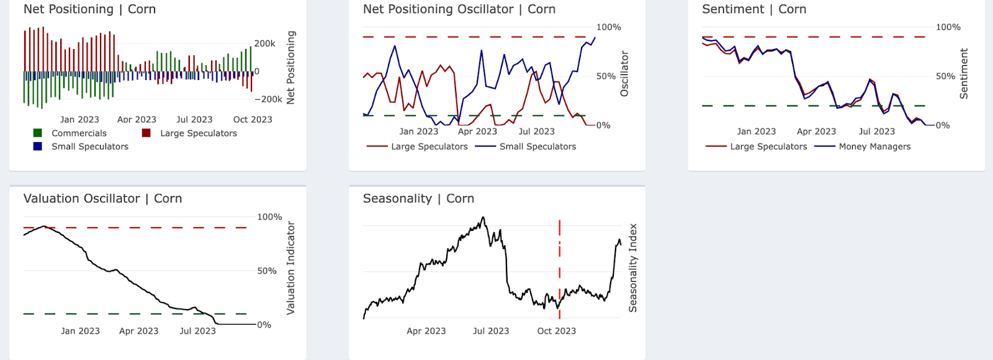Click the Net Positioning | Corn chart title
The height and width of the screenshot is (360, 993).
click(x=89, y=9)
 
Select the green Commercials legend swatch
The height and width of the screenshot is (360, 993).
click(x=38, y=133)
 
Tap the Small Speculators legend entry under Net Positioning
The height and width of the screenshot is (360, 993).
click(x=89, y=146)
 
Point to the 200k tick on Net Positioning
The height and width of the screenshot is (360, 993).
click(x=265, y=43)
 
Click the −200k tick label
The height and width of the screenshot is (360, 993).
click(x=268, y=99)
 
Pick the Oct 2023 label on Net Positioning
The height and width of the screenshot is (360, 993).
click(x=253, y=119)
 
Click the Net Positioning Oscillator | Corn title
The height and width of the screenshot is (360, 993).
click(x=459, y=9)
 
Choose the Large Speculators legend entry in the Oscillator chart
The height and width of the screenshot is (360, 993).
click(x=429, y=146)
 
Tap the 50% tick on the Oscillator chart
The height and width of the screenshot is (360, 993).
click(x=606, y=76)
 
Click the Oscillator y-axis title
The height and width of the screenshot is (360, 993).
click(x=624, y=74)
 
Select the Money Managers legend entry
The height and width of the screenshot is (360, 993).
click(x=874, y=146)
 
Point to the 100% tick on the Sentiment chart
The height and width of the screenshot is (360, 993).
click(x=948, y=27)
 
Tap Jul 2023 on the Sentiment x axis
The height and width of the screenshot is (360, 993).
click(x=876, y=132)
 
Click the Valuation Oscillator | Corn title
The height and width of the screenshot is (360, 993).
click(x=102, y=199)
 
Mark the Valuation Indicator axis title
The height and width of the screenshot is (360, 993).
click(x=290, y=268)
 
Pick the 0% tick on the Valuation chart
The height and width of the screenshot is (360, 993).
click(x=264, y=325)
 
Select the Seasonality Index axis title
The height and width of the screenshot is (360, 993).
click(x=632, y=268)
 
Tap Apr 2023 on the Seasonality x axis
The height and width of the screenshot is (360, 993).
click(x=426, y=331)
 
